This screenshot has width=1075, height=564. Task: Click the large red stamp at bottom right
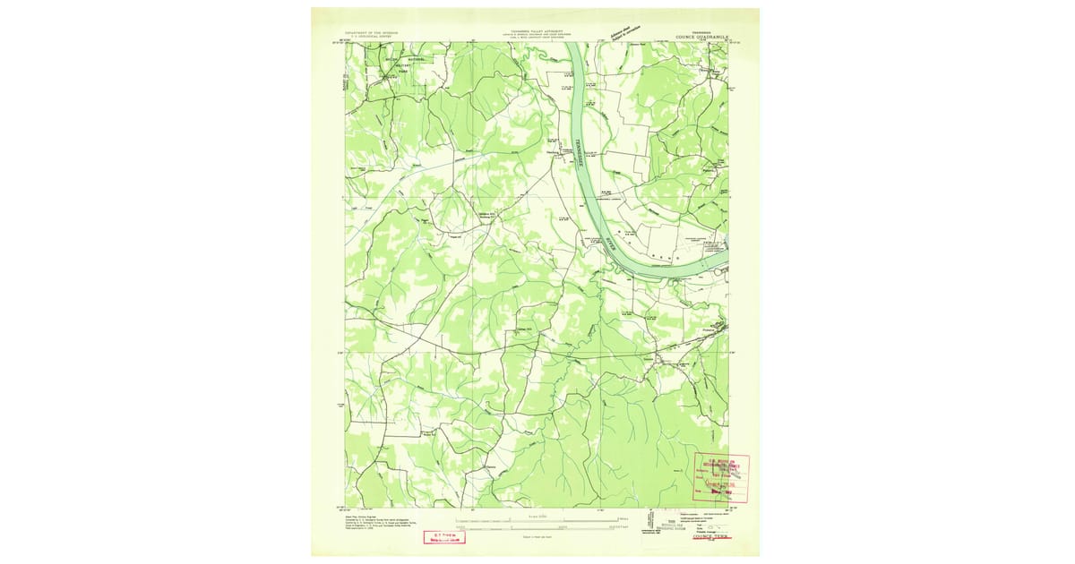[721, 477]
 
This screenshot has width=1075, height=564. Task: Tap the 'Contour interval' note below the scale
[537, 535]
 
